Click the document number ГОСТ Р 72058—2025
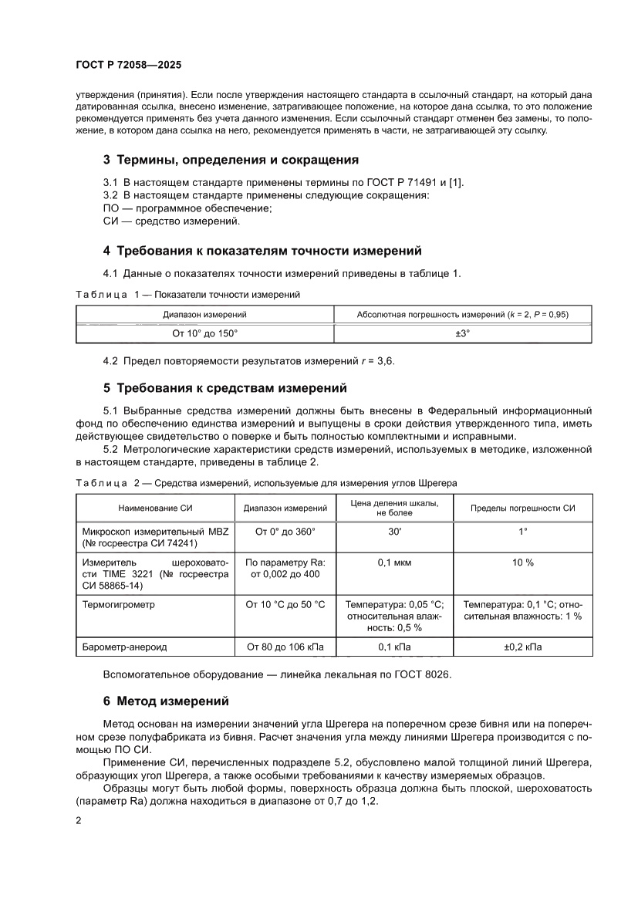128,66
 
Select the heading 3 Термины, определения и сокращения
231,160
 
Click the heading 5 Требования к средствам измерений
224,387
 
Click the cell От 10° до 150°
204,333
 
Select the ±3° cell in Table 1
463,333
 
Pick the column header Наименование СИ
154,508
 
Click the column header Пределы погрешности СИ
523,508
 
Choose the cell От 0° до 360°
285,532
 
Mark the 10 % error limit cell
523,563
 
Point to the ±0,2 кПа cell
523,647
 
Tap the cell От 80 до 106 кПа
285,647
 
